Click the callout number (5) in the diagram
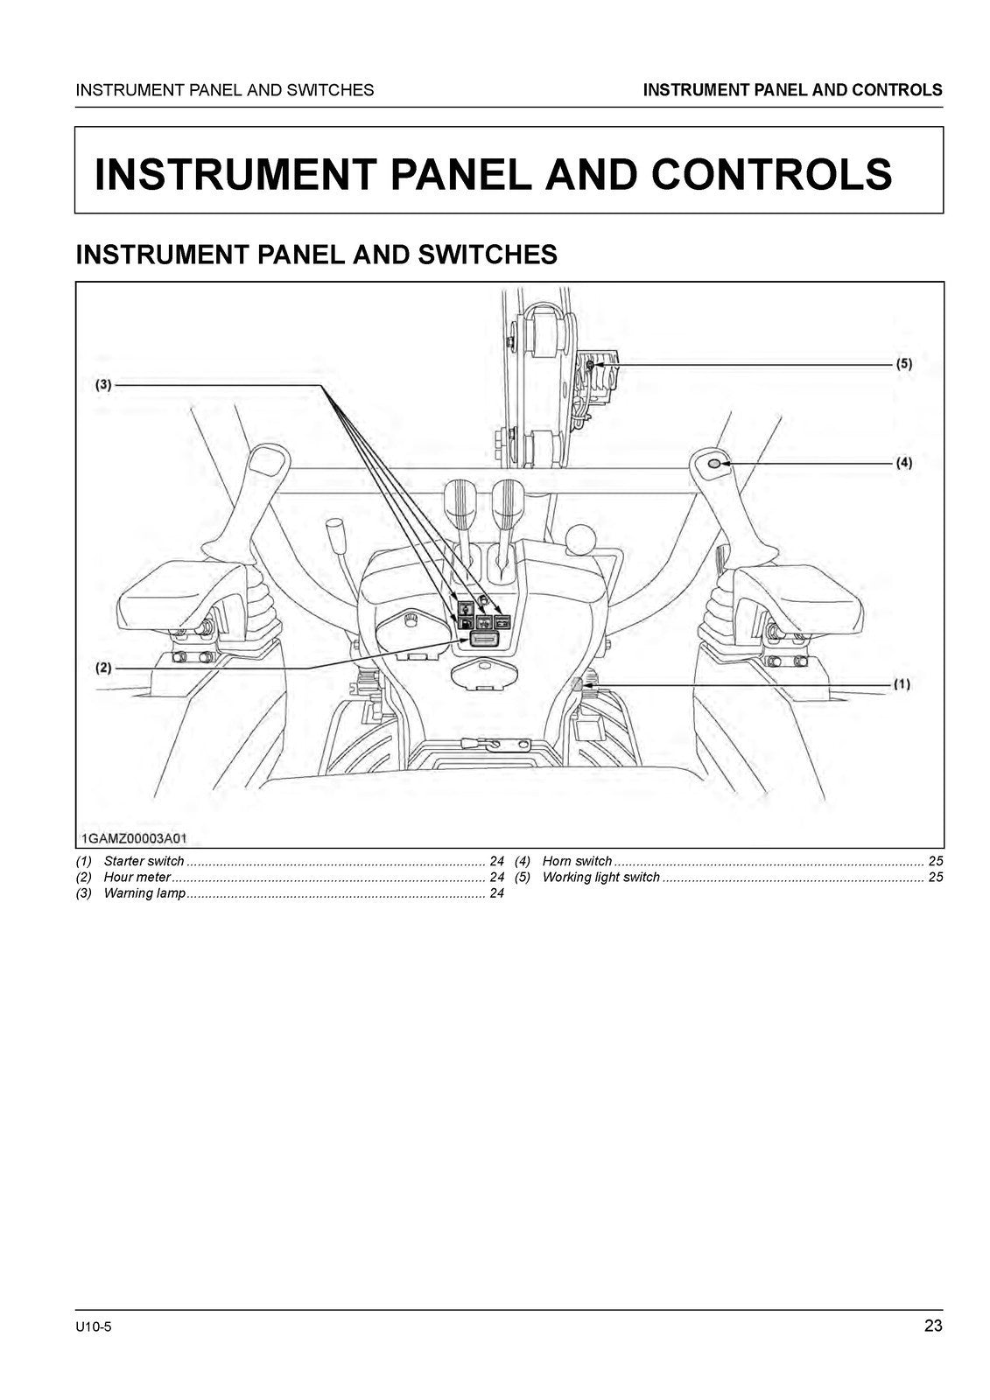[903, 364]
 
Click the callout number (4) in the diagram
[903, 463]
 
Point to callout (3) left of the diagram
[103, 384]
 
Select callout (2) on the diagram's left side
[103, 668]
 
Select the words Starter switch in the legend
[144, 861]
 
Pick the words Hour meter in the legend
[137, 877]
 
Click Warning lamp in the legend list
[144, 893]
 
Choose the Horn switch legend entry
[577, 861]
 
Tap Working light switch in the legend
[600, 877]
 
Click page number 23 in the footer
[932, 1326]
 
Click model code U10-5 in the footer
[94, 1327]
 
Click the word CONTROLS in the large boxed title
[771, 173]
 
